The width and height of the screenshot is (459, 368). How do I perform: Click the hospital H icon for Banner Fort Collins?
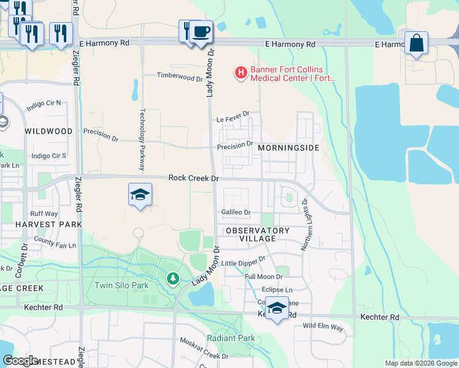(x=241, y=74)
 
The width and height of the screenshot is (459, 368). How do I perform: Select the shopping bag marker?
(x=416, y=44)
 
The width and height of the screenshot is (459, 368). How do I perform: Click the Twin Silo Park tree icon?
(x=173, y=280)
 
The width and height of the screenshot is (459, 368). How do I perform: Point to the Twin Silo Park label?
(x=121, y=285)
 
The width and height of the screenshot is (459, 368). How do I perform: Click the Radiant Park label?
(x=231, y=338)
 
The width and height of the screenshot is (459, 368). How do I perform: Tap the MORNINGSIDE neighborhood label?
(x=288, y=148)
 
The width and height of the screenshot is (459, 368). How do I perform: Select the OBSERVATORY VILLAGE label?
(x=257, y=234)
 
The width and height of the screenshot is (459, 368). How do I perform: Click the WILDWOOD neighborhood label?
(x=48, y=131)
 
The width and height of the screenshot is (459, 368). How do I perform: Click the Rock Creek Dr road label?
(x=193, y=178)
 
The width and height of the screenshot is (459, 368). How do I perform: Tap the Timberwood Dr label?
(x=179, y=78)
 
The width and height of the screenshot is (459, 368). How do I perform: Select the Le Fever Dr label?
(x=233, y=114)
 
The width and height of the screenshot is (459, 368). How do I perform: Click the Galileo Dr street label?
(x=236, y=213)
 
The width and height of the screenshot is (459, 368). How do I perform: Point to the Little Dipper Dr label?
(x=243, y=263)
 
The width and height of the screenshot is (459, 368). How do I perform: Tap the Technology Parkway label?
(x=142, y=140)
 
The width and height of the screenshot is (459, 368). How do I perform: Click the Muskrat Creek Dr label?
(x=203, y=348)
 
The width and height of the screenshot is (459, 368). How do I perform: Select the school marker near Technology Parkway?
(x=141, y=195)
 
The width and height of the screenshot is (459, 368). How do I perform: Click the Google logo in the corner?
(x=20, y=361)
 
